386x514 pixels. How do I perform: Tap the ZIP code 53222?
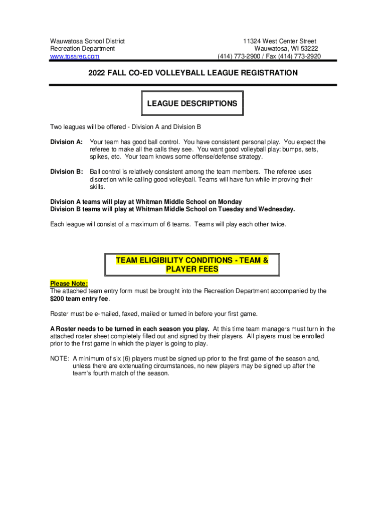[x=307, y=49]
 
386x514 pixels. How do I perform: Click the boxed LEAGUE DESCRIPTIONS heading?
[x=192, y=103]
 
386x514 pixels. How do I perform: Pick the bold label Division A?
[x=66, y=142]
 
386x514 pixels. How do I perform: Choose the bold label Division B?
[x=66, y=172]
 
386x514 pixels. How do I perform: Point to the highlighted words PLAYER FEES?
[x=192, y=269]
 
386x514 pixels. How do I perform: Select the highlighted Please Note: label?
[x=69, y=283]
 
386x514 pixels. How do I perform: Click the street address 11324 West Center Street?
[x=279, y=41]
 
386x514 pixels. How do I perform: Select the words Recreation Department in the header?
[x=82, y=49]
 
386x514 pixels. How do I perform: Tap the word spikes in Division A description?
[x=99, y=157]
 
